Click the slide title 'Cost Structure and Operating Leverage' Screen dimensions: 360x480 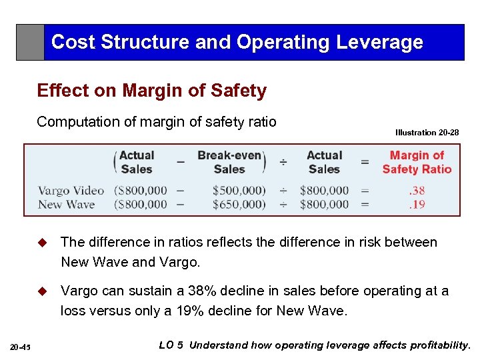pos(237,42)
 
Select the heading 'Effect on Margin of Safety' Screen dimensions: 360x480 pos(152,91)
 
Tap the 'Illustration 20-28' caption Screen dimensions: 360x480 pos(427,133)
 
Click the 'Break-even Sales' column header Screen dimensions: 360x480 pos(229,162)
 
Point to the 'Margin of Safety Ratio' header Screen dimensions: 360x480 pos(417,162)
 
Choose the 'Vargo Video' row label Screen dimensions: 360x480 pos(71,191)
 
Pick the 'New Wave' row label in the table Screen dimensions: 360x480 pos(66,205)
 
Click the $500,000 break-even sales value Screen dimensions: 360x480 pos(238,191)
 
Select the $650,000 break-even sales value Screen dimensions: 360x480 pos(238,205)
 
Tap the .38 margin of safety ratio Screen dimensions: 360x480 pos(417,191)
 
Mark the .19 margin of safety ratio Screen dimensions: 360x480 pos(417,205)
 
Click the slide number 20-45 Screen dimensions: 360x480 pos(21,346)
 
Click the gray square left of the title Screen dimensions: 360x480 pos(30,42)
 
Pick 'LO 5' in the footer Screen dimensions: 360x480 pos(172,345)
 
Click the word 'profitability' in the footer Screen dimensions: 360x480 pos(439,345)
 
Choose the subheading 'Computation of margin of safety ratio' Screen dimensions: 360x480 pos(157,122)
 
